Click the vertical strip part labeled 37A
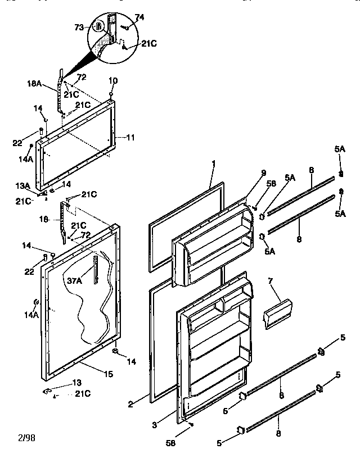(x=97, y=269)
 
